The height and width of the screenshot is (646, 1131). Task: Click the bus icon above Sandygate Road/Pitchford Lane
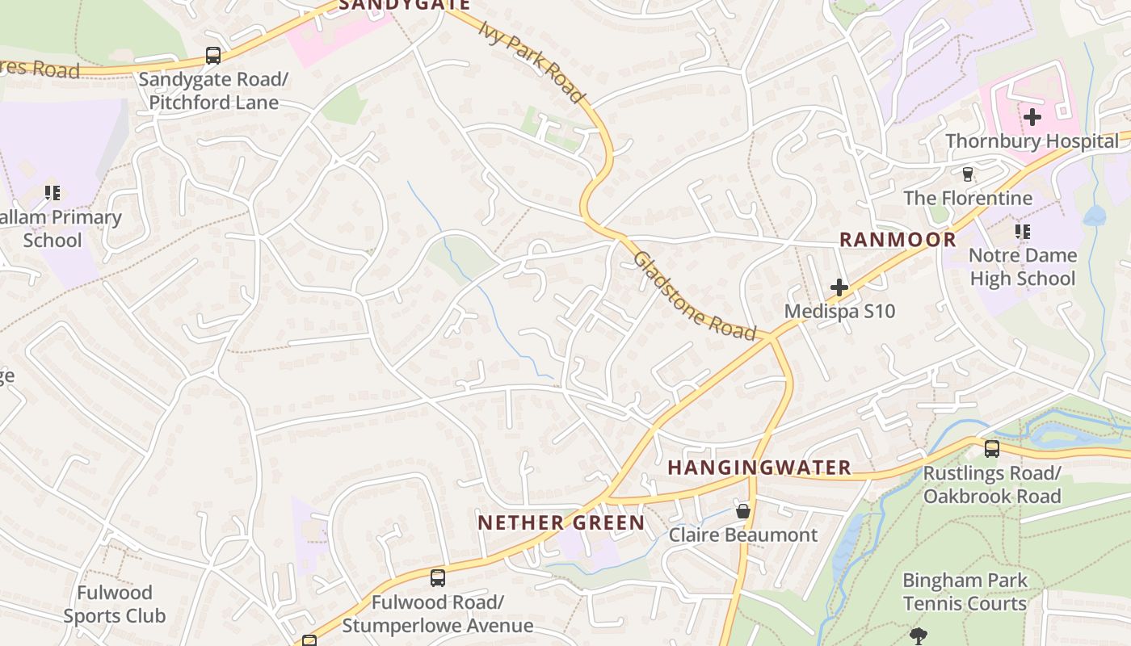click(x=213, y=56)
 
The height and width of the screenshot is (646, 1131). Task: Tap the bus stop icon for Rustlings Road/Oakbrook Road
click(x=992, y=449)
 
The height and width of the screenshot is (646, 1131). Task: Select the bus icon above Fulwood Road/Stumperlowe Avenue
click(x=438, y=578)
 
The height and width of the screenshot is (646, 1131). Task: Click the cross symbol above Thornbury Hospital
click(x=1032, y=117)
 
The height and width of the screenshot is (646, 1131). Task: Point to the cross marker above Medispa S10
click(x=839, y=287)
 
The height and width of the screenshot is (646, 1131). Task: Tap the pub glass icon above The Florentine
click(x=967, y=174)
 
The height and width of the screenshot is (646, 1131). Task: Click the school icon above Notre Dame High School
click(x=1023, y=232)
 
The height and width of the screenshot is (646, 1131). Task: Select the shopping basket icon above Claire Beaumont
click(x=743, y=511)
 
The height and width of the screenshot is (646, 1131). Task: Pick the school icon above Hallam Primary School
click(x=53, y=193)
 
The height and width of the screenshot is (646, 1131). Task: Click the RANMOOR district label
click(x=898, y=240)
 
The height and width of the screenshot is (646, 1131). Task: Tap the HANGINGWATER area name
click(x=759, y=468)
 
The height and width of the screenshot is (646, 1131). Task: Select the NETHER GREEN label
click(x=561, y=522)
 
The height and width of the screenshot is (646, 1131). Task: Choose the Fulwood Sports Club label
click(x=114, y=604)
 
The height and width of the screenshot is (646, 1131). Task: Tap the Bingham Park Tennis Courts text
click(x=965, y=592)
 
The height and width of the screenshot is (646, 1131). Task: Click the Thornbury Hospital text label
click(x=1032, y=141)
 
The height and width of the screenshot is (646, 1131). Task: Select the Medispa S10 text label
click(x=839, y=311)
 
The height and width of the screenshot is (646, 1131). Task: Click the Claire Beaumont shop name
click(x=743, y=535)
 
